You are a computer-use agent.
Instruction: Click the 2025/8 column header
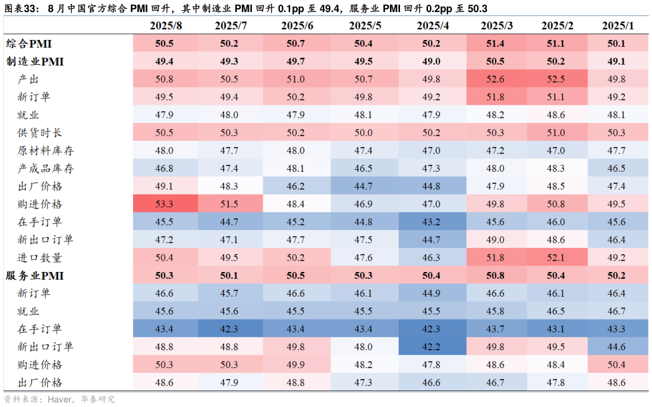pos(166,25)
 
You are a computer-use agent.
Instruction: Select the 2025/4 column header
pos(433,25)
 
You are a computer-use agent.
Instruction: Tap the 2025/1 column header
pos(618,25)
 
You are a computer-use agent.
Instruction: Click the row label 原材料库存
pos(46,151)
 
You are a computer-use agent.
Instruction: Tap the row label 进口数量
pos(40,258)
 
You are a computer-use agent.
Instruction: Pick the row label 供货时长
pos(40,133)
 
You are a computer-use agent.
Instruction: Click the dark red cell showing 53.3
pos(165,204)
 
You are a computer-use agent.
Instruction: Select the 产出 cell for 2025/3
pos(495,79)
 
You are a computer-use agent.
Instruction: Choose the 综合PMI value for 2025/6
pos(296,44)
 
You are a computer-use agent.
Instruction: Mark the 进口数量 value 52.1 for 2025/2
pos(556,258)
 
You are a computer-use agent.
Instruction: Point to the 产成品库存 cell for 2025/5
pos(364,169)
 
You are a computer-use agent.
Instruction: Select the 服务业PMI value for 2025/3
pos(495,276)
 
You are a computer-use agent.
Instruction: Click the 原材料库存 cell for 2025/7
pos(229,151)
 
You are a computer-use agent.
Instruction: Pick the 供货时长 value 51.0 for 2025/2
pos(556,133)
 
